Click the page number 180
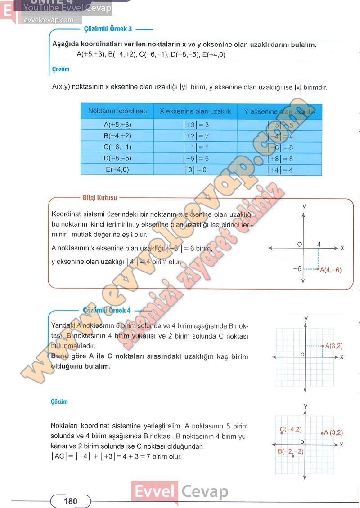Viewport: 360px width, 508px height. click(71, 501)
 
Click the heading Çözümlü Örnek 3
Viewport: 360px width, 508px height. click(108, 29)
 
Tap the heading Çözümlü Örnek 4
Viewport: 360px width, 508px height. click(107, 310)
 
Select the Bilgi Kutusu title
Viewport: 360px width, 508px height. click(100, 197)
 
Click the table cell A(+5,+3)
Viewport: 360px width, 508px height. click(117, 125)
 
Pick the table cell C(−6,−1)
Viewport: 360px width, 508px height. click(117, 147)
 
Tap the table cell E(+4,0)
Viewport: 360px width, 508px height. click(117, 169)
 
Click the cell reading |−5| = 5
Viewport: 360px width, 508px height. click(196, 158)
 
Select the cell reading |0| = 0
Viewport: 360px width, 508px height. click(196, 169)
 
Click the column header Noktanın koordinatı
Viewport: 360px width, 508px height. click(117, 111)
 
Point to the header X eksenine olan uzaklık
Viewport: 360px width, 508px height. click(195, 111)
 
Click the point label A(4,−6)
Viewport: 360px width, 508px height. click(331, 270)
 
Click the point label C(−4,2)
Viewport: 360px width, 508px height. click(291, 429)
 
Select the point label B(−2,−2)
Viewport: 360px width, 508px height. click(290, 451)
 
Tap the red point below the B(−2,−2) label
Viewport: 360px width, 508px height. click(293, 457)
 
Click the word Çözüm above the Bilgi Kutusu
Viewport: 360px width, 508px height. click(60, 70)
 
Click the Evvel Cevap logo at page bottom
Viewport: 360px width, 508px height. click(180, 491)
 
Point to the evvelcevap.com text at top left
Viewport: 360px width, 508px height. click(48, 20)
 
